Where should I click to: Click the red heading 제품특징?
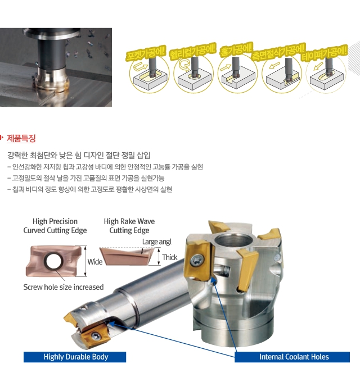coord(21,138)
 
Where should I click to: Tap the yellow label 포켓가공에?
coord(146,53)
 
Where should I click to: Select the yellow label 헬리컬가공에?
coord(193,51)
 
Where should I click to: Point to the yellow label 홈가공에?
coord(236,49)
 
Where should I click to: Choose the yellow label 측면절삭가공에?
coord(278,52)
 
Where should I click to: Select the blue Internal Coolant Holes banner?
coord(292,357)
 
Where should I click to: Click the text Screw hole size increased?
coord(64,287)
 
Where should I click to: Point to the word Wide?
coord(95,262)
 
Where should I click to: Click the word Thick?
coord(170,257)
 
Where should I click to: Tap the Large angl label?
coord(157,242)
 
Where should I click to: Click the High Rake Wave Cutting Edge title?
coord(129,226)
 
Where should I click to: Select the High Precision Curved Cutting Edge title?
coord(55,226)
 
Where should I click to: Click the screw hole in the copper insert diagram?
coord(53,261)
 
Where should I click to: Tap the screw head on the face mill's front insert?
coord(197,260)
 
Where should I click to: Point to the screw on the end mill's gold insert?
coord(96,336)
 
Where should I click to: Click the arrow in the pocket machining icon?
coord(141,65)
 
